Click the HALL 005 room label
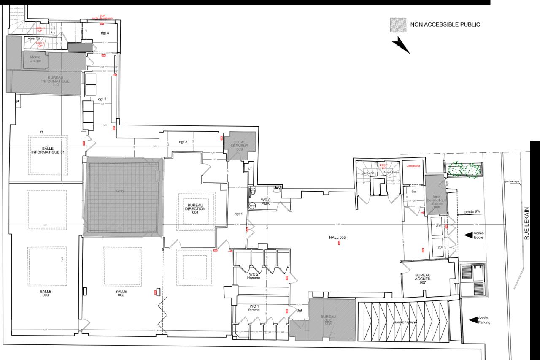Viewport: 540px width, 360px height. (337, 238)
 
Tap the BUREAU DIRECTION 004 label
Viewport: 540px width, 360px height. (195, 208)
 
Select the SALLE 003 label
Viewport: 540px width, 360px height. (46, 293)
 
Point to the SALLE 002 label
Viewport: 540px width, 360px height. (121, 293)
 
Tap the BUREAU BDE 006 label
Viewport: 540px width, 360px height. (328, 319)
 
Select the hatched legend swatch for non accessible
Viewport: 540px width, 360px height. (397, 24)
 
